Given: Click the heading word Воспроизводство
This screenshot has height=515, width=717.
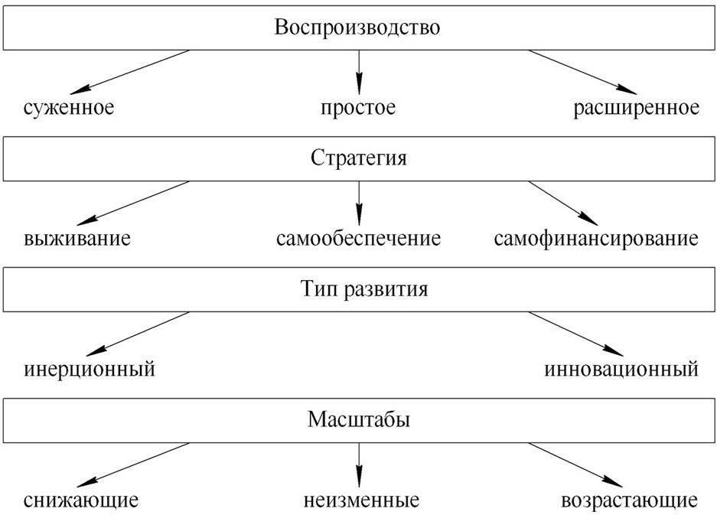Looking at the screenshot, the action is click(x=357, y=28).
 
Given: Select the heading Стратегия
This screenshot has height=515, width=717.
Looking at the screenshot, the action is click(x=358, y=158).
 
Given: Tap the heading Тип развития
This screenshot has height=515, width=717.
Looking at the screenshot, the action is click(x=364, y=289).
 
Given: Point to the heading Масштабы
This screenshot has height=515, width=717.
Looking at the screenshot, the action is click(x=358, y=419).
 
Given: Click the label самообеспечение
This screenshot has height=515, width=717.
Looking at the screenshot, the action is click(x=358, y=238).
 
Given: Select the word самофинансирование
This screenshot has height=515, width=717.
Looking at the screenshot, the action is click(x=596, y=238).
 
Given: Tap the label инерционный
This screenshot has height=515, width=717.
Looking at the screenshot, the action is click(x=90, y=370).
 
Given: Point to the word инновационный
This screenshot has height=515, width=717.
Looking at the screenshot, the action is click(x=621, y=370).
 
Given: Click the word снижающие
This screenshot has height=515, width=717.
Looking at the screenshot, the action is click(x=81, y=500).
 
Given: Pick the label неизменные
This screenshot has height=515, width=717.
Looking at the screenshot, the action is click(x=361, y=500).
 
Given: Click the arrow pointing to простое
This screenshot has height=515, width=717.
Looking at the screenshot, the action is click(x=359, y=72).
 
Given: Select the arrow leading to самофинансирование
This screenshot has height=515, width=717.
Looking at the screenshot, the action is click(x=563, y=203).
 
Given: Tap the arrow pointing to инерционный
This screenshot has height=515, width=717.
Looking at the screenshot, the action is click(x=138, y=334).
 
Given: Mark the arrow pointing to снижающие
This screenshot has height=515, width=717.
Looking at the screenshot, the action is click(x=133, y=464).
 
